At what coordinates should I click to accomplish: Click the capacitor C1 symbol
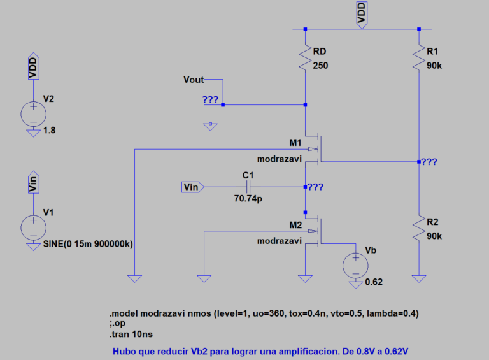tap(248, 187)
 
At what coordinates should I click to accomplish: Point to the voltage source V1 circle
tap(32, 227)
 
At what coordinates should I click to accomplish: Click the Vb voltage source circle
tap(355, 263)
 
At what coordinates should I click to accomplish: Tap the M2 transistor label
tap(295, 225)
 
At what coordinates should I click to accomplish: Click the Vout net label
tap(194, 80)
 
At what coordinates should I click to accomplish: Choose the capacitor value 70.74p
tap(249, 199)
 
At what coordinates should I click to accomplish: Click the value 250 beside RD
tap(320, 65)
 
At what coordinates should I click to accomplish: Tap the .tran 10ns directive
tap(131, 334)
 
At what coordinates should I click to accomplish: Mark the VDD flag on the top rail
tap(362, 14)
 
